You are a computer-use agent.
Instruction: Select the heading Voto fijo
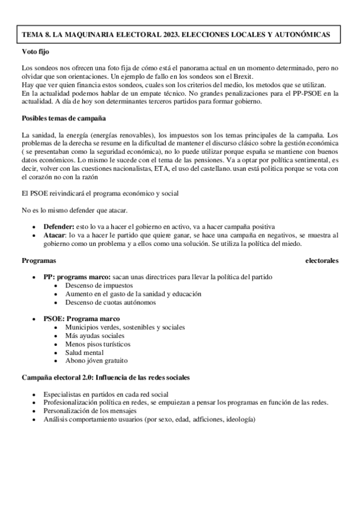click(x=36, y=52)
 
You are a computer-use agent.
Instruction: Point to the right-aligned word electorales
click(x=322, y=260)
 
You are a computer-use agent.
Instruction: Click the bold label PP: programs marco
click(x=69, y=277)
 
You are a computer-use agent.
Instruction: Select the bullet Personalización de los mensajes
click(x=90, y=410)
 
